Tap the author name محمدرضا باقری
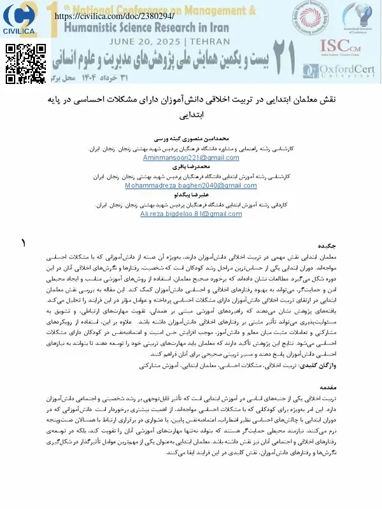[192, 165]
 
